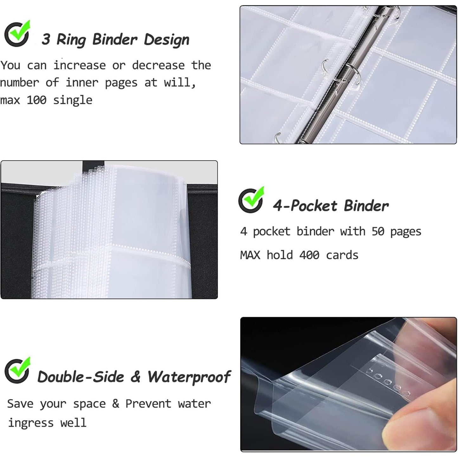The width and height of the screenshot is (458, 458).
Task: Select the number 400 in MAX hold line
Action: point(309,255)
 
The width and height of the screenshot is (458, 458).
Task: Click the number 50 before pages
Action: point(378,232)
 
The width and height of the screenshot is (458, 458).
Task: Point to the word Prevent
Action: point(148,404)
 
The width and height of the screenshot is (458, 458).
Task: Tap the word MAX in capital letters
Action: point(250,255)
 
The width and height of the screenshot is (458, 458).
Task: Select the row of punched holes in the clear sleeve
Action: point(387,383)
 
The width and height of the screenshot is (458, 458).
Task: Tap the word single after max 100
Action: point(73,100)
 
